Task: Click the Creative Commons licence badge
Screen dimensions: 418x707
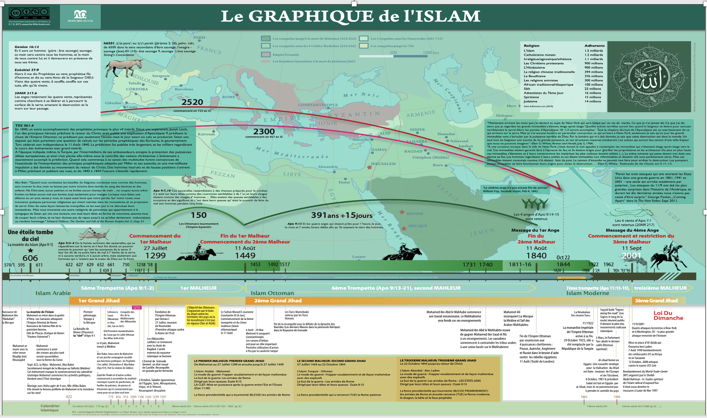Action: point(29,14)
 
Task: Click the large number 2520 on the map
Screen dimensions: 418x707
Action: point(192,102)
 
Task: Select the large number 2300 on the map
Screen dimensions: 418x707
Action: point(264,132)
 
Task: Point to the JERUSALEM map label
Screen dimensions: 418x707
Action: point(383,164)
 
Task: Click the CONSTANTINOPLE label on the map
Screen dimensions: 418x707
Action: point(318,105)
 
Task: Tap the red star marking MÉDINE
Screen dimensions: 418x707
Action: point(402,212)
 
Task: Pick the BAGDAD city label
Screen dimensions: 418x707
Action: point(413,151)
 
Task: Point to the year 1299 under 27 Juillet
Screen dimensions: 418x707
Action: point(155,256)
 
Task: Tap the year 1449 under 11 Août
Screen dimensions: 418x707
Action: point(245,256)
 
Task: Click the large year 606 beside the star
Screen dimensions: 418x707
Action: point(30,258)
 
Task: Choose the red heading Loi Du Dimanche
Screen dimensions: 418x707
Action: point(668,316)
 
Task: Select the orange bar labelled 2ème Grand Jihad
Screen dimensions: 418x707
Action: point(278,301)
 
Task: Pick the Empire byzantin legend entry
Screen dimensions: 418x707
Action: point(286,55)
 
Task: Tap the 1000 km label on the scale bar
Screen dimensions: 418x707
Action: point(431,53)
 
